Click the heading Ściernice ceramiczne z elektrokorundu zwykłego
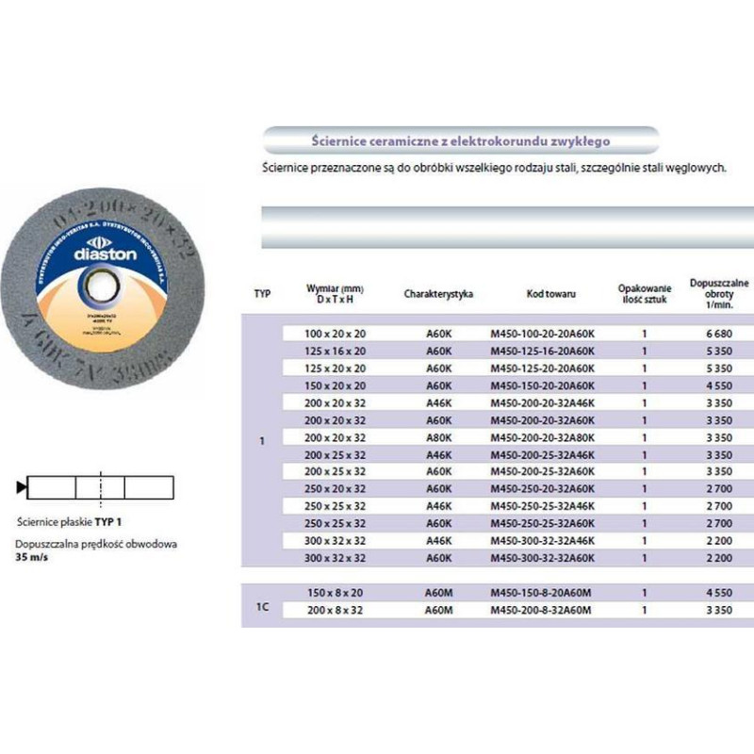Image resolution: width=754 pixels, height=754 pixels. coord(460,140)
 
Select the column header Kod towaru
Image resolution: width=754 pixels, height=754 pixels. coord(550,294)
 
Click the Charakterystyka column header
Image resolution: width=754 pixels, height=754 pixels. coord(438,294)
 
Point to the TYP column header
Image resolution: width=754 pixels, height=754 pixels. coord(262,294)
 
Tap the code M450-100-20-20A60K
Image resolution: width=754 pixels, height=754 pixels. coord(543,334)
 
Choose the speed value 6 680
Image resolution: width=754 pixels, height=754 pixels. coord(718,334)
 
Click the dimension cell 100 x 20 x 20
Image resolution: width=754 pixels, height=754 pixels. coord(336,334)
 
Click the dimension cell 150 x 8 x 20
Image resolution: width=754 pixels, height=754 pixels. coord(336,593)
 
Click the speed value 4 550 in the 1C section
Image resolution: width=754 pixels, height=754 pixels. coord(718,593)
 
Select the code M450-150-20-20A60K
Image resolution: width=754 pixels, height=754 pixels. coord(543,385)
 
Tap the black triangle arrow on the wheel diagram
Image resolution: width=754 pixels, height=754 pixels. coord(22,487)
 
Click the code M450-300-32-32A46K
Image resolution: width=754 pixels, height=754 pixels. coord(543,540)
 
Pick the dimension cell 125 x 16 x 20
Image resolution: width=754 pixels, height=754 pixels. coord(336,351)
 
